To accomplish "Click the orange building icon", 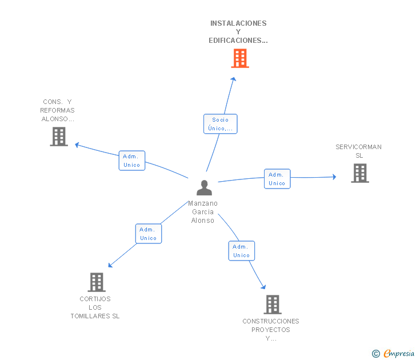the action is pyautogui.click(x=240, y=58).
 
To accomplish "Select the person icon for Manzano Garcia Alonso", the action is pyautogui.click(x=204, y=187).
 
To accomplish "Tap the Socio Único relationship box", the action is pyautogui.click(x=220, y=124).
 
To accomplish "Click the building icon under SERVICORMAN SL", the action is pyautogui.click(x=360, y=173).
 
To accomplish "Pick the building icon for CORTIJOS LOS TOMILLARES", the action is pyautogui.click(x=97, y=282).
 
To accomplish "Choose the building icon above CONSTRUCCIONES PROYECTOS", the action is pyautogui.click(x=273, y=305).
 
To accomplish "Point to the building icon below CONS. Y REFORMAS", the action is pyautogui.click(x=59, y=137).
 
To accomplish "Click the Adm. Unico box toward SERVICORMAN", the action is pyautogui.click(x=277, y=179).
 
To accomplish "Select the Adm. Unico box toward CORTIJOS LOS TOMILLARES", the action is pyautogui.click(x=149, y=234).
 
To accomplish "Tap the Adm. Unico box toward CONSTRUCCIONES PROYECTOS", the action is pyautogui.click(x=241, y=251).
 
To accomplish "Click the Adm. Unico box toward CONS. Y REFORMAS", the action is pyautogui.click(x=132, y=161).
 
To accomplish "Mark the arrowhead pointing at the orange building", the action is pyautogui.click(x=234, y=79).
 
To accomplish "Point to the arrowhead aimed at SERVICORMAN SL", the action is pyautogui.click(x=334, y=177).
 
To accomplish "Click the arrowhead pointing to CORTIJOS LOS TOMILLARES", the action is pyautogui.click(x=110, y=265).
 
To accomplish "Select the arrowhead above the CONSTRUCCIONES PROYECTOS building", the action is pyautogui.click(x=263, y=287).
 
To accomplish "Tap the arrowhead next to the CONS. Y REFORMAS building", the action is pyautogui.click(x=77, y=145).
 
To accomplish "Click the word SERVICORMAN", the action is pyautogui.click(x=358, y=147).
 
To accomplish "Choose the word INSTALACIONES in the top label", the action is pyautogui.click(x=238, y=23).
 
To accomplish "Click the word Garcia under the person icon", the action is pyautogui.click(x=203, y=212).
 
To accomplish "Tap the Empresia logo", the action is pyautogui.click(x=393, y=353).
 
